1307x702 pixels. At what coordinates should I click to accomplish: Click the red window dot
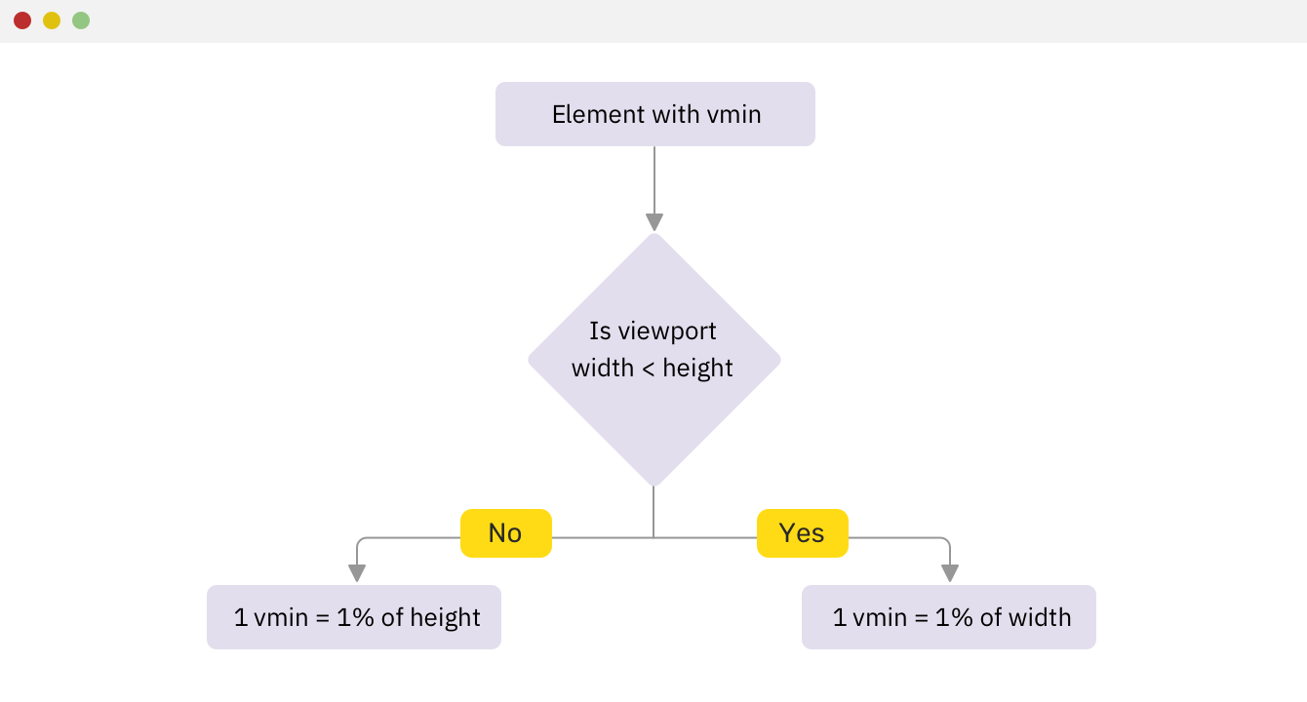click(22, 20)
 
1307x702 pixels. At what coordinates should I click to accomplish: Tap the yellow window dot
click(52, 20)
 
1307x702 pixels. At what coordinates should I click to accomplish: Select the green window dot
click(81, 20)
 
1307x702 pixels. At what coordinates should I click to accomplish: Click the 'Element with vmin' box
click(655, 114)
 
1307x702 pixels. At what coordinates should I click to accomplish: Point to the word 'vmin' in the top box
click(733, 114)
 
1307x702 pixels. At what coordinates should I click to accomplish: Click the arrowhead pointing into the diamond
click(654, 222)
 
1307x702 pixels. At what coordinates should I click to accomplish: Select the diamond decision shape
click(654, 360)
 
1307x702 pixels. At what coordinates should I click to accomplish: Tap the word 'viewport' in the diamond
click(667, 331)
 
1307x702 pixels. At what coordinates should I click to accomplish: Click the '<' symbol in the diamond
click(648, 369)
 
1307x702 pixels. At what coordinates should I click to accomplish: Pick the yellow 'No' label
click(506, 533)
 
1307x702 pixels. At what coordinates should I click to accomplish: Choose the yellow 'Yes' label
click(803, 533)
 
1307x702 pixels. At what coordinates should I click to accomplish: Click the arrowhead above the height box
click(357, 573)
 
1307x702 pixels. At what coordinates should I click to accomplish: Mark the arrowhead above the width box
click(950, 573)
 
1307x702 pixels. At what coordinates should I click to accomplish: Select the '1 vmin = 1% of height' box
click(354, 617)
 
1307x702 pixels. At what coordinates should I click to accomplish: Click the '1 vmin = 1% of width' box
click(949, 617)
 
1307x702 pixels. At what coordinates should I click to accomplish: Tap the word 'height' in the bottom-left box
click(445, 618)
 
